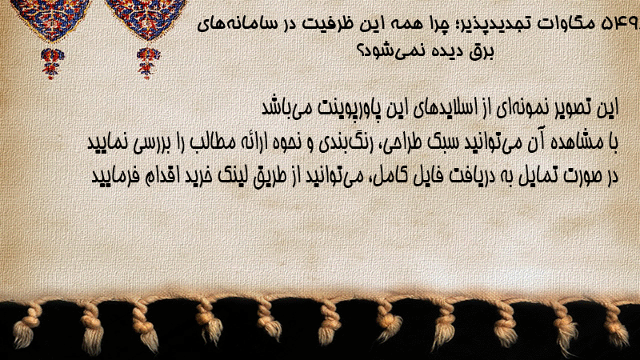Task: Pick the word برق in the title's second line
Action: pyautogui.click(x=482, y=52)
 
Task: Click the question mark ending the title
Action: pyautogui.click(x=362, y=50)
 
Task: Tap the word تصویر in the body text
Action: pyautogui.click(x=573, y=108)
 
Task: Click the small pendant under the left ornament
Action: pyautogui.click(x=52, y=63)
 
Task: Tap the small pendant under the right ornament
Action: pyautogui.click(x=148, y=63)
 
